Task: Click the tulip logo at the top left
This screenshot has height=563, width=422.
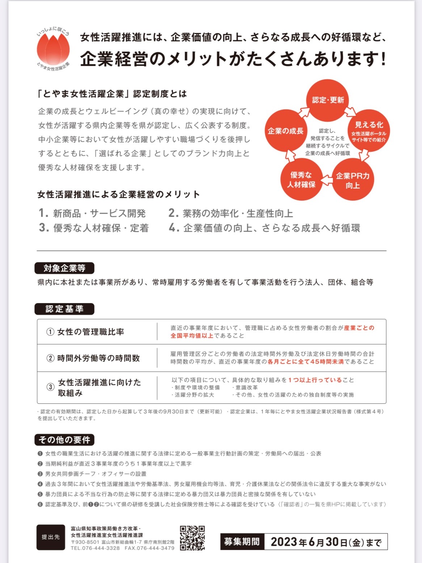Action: coord(53,49)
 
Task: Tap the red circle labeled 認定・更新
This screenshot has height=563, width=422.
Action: coord(328,100)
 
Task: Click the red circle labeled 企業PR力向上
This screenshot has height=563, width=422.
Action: coord(353,180)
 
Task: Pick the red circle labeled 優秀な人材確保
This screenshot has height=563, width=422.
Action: coord(301,180)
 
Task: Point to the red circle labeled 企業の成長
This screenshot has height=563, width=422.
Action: coord(286,131)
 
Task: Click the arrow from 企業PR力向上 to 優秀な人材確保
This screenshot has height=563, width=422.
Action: coord(327,180)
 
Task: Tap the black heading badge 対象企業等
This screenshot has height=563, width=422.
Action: coord(64,268)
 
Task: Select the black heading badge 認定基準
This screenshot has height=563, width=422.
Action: coord(64,309)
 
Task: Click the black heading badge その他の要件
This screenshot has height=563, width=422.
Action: coord(64,440)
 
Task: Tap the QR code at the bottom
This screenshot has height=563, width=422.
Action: coord(192,538)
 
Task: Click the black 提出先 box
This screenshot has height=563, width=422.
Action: coord(51,537)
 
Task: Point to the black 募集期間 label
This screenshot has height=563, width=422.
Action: coord(242,542)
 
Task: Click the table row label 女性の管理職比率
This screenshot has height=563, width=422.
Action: coord(90,332)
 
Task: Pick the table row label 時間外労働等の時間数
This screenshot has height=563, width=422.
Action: coord(98,358)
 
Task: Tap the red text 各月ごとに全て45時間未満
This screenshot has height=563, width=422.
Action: coord(305,362)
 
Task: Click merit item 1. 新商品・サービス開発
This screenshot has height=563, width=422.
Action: coord(92,213)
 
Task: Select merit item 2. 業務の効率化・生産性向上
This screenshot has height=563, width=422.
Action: coord(231,213)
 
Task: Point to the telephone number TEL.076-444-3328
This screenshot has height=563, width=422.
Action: coord(95,548)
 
